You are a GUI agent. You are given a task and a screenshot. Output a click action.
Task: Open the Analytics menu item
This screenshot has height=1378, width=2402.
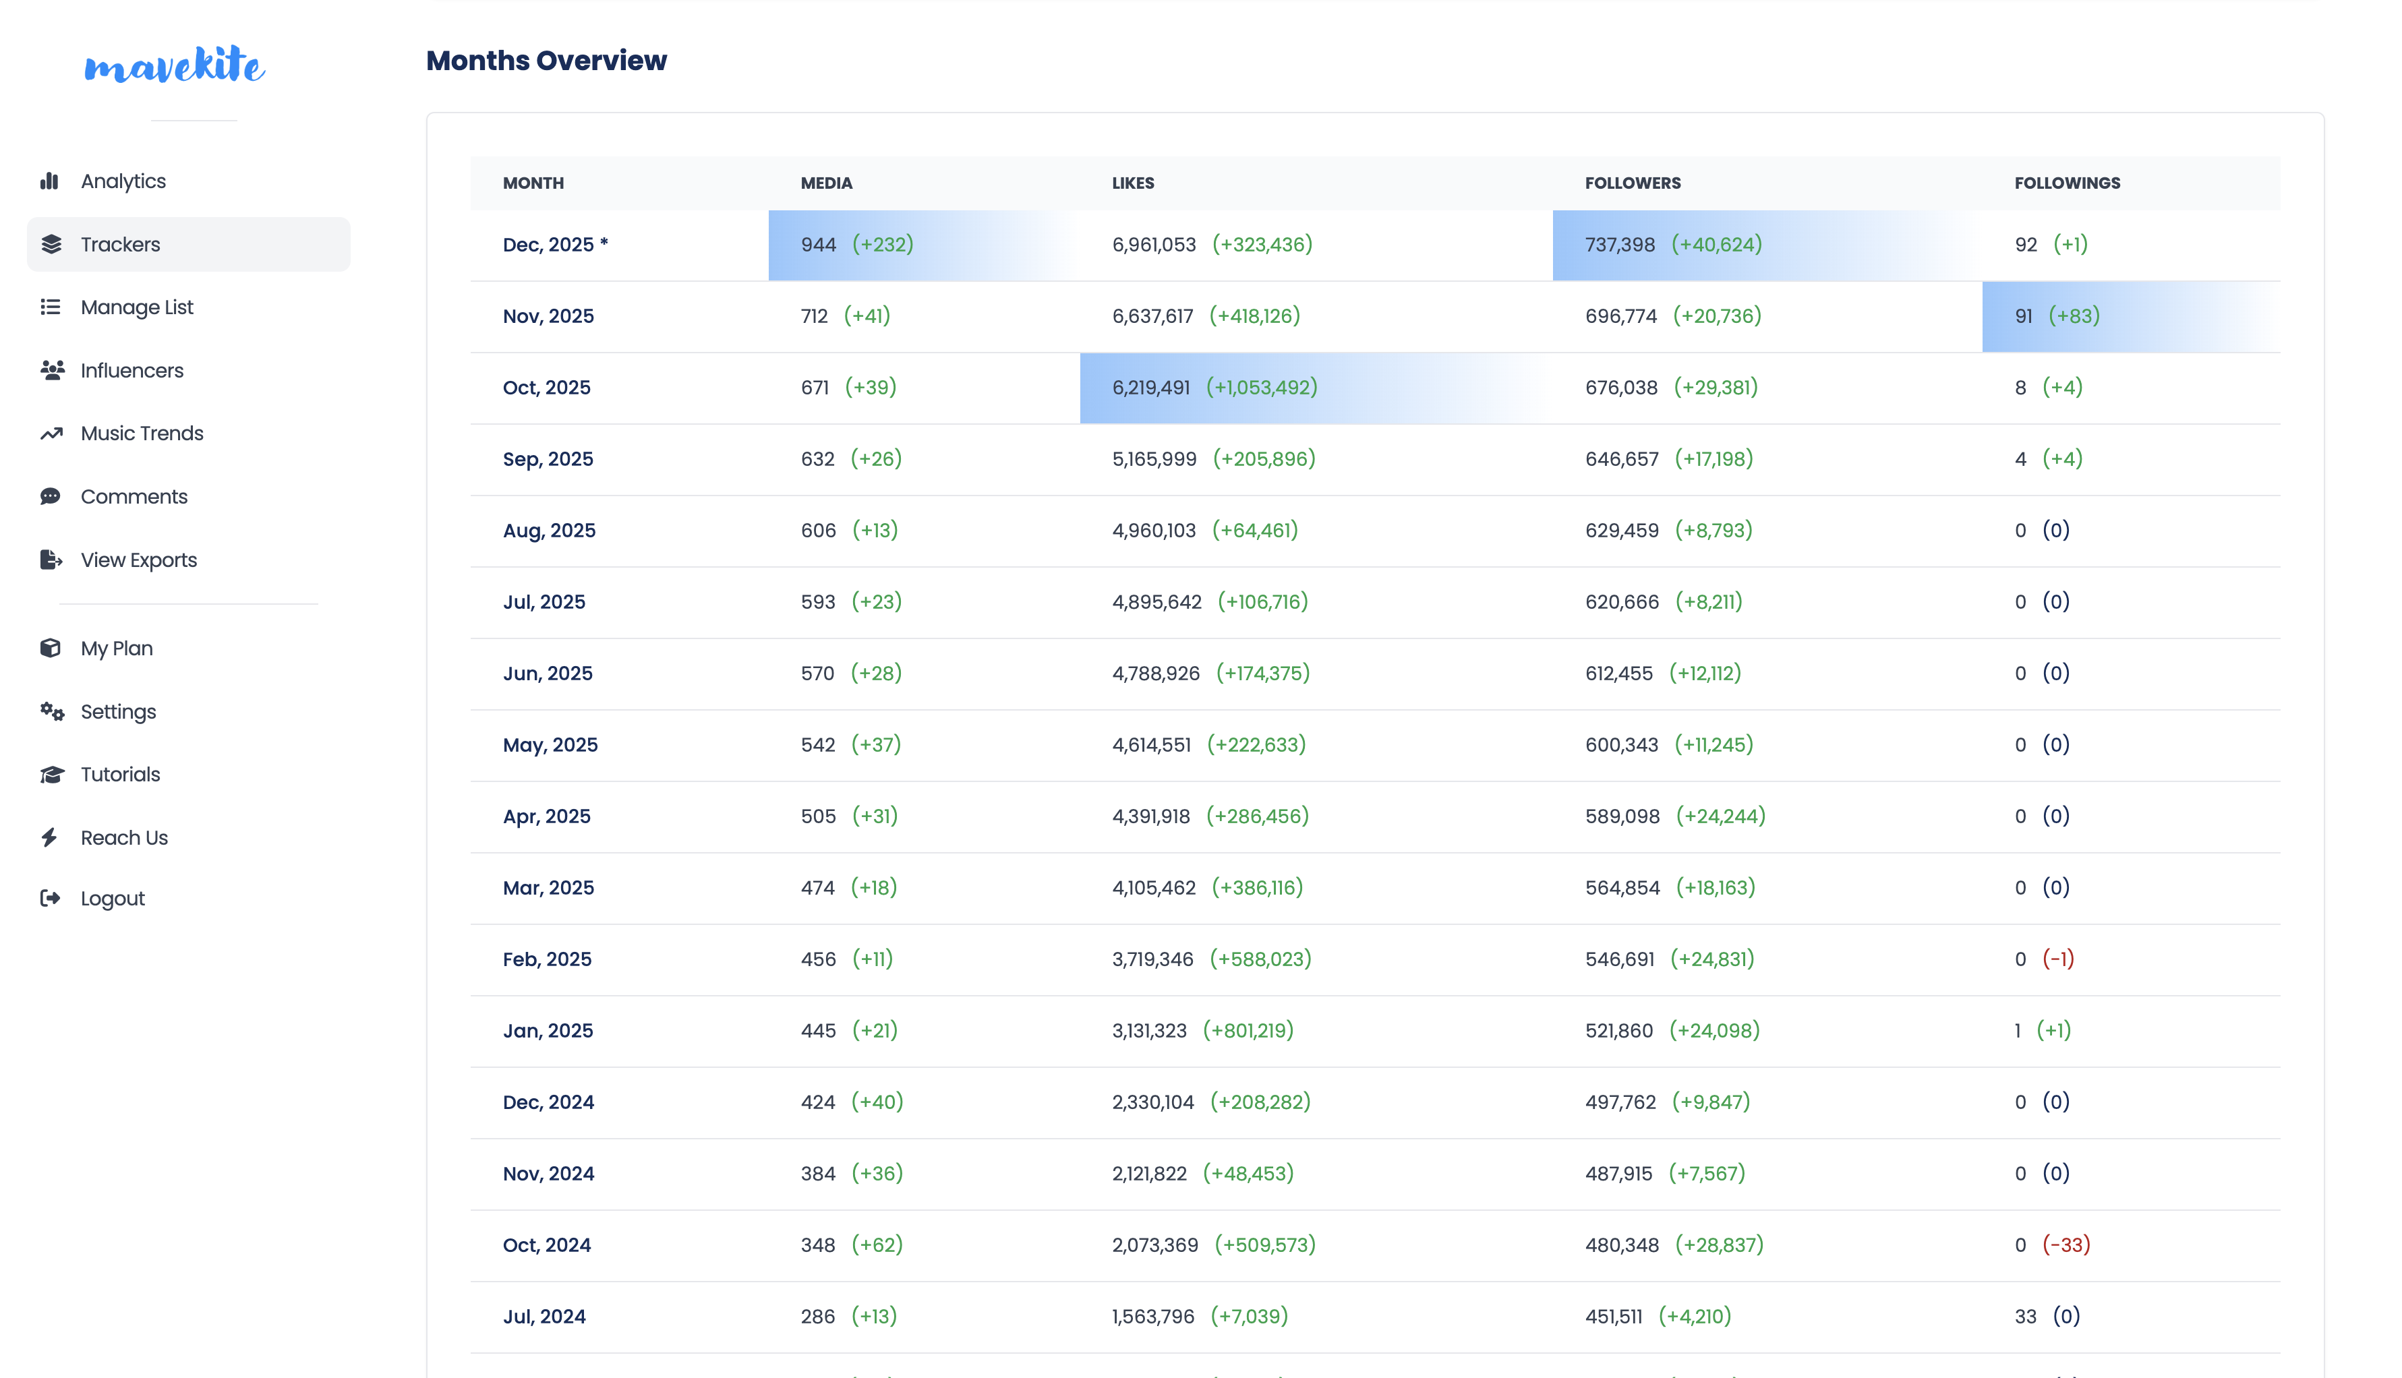pyautogui.click(x=123, y=181)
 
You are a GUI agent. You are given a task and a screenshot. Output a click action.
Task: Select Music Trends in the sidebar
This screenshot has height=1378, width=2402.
pyautogui.click(x=142, y=433)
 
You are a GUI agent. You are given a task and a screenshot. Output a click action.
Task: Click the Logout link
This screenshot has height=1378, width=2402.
pyautogui.click(x=112, y=898)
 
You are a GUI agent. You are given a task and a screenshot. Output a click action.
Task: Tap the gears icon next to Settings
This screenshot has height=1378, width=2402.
pyautogui.click(x=52, y=712)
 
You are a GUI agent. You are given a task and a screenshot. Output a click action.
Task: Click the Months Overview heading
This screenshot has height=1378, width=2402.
pyautogui.click(x=546, y=61)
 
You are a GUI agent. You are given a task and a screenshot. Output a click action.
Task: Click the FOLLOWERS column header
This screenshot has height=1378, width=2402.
pyautogui.click(x=1633, y=183)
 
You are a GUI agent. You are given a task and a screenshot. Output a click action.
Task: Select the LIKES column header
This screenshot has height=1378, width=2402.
pyautogui.click(x=1133, y=183)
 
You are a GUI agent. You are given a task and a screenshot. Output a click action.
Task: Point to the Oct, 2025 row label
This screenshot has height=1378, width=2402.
pyautogui.click(x=546, y=387)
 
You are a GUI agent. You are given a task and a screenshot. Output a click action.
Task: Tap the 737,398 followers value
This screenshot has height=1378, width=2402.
pyautogui.click(x=1619, y=244)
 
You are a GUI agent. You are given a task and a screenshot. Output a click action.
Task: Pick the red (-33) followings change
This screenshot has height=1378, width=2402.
pyautogui.click(x=2066, y=1245)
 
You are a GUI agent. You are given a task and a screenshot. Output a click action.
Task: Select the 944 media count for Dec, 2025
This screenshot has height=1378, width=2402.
pyautogui.click(x=818, y=244)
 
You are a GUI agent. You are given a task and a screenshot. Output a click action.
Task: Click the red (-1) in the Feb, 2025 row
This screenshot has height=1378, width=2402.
pyautogui.click(x=2057, y=959)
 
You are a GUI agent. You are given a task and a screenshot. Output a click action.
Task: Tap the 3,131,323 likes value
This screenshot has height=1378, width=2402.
pyautogui.click(x=1149, y=1031)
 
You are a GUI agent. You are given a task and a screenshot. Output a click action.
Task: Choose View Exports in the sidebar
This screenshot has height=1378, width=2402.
pyautogui.click(x=138, y=560)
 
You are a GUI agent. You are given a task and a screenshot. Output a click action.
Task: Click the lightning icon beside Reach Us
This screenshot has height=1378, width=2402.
pyautogui.click(x=50, y=837)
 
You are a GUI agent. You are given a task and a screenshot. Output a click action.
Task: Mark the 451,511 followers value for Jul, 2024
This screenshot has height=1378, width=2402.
pyautogui.click(x=1614, y=1317)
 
